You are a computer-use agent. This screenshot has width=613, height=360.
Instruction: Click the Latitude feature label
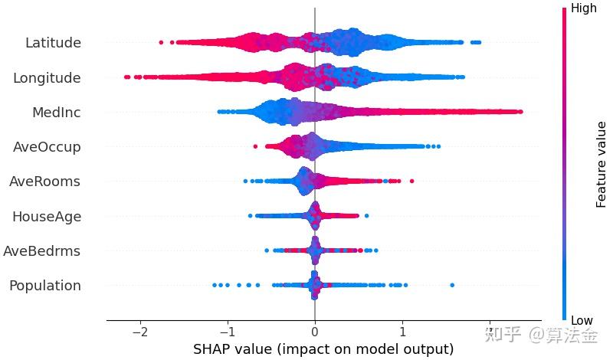(53, 43)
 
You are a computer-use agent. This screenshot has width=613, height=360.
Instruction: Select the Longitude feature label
(48, 77)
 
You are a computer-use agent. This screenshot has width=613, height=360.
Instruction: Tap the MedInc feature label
(56, 113)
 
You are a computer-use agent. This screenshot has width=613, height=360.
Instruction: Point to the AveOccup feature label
(47, 147)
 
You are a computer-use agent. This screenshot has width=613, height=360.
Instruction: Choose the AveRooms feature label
(44, 182)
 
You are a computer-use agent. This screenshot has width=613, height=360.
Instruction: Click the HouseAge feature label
(46, 217)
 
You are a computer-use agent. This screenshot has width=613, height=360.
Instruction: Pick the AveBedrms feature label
(41, 251)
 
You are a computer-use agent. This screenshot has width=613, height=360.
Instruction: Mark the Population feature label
(44, 286)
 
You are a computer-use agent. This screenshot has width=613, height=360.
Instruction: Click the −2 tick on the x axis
(139, 334)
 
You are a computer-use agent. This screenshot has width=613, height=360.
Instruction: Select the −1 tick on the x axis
(227, 334)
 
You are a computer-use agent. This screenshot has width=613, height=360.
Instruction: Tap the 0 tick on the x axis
(315, 334)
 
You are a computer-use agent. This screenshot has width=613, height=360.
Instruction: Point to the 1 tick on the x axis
(402, 334)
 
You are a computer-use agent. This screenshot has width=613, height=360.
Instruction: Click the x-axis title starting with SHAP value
(323, 349)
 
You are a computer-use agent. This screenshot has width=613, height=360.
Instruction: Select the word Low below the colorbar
(582, 320)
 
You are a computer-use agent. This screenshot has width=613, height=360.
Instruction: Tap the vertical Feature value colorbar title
(602, 165)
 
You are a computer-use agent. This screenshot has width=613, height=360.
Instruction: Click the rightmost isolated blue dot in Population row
(452, 285)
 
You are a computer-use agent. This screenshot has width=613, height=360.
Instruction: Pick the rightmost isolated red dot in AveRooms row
(411, 181)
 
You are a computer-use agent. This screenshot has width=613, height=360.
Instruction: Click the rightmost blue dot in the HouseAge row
(366, 216)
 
